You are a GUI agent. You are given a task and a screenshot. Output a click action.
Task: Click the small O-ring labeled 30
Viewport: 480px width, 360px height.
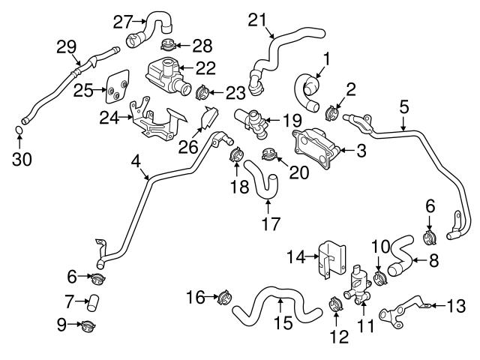pyautogui.click(x=20, y=133)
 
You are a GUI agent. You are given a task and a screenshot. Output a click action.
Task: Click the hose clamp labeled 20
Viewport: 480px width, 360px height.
pyautogui.click(x=267, y=156)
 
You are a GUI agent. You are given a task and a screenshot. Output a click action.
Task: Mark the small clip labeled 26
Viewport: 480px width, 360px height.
pyautogui.click(x=208, y=118)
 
